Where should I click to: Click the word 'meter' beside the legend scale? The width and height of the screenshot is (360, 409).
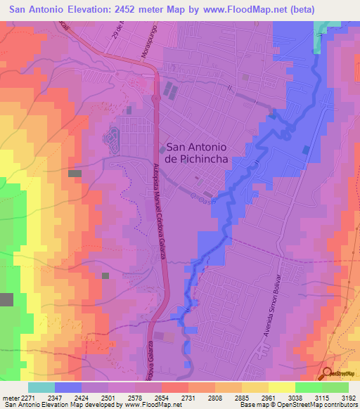(x=8, y=397)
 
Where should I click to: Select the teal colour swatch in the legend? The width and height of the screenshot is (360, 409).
(x=41, y=387)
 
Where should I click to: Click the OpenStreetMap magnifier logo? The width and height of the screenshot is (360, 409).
(x=327, y=373)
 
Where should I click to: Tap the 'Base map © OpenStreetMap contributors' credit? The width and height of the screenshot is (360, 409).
(x=298, y=405)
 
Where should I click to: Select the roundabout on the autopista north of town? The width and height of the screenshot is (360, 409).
(x=155, y=100)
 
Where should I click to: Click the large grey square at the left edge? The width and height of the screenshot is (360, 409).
(x=6, y=299)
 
